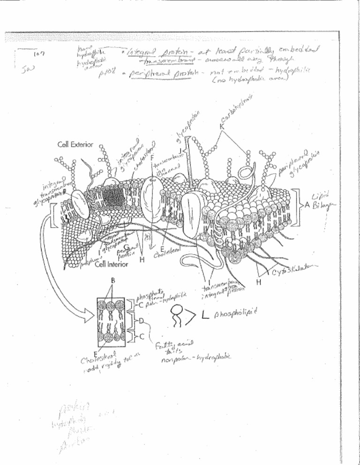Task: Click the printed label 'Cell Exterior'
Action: (76, 144)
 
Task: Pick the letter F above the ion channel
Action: (153, 158)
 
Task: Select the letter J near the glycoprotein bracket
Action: (180, 150)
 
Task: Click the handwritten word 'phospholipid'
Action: (235, 315)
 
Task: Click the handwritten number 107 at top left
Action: (39, 54)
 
